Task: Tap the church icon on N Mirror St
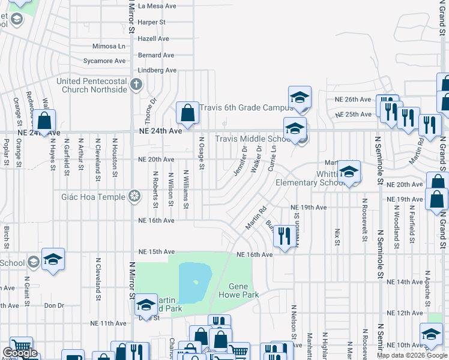(x=136, y=85)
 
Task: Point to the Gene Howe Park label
(x=243, y=291)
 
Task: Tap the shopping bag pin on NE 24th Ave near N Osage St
(x=188, y=113)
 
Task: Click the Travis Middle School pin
(x=295, y=128)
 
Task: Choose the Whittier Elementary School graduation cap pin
(x=349, y=172)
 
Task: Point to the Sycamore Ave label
(x=104, y=61)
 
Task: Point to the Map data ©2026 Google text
(x=411, y=355)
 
